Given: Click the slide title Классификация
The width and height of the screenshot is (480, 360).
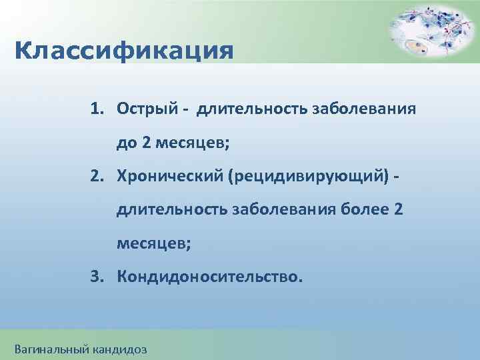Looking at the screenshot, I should (123, 51).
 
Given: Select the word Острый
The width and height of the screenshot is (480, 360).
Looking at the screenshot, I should (145, 109).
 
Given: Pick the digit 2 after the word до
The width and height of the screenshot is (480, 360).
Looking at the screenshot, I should (146, 143).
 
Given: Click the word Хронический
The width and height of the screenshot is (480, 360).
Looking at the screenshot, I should (171, 176).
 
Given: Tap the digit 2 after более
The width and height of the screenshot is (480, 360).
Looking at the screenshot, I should (399, 210).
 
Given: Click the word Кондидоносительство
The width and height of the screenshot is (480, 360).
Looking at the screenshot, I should (209, 277).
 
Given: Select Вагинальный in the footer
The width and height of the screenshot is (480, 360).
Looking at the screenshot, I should (50, 348).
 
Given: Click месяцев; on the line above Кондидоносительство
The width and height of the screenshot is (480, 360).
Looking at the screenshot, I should (154, 243).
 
